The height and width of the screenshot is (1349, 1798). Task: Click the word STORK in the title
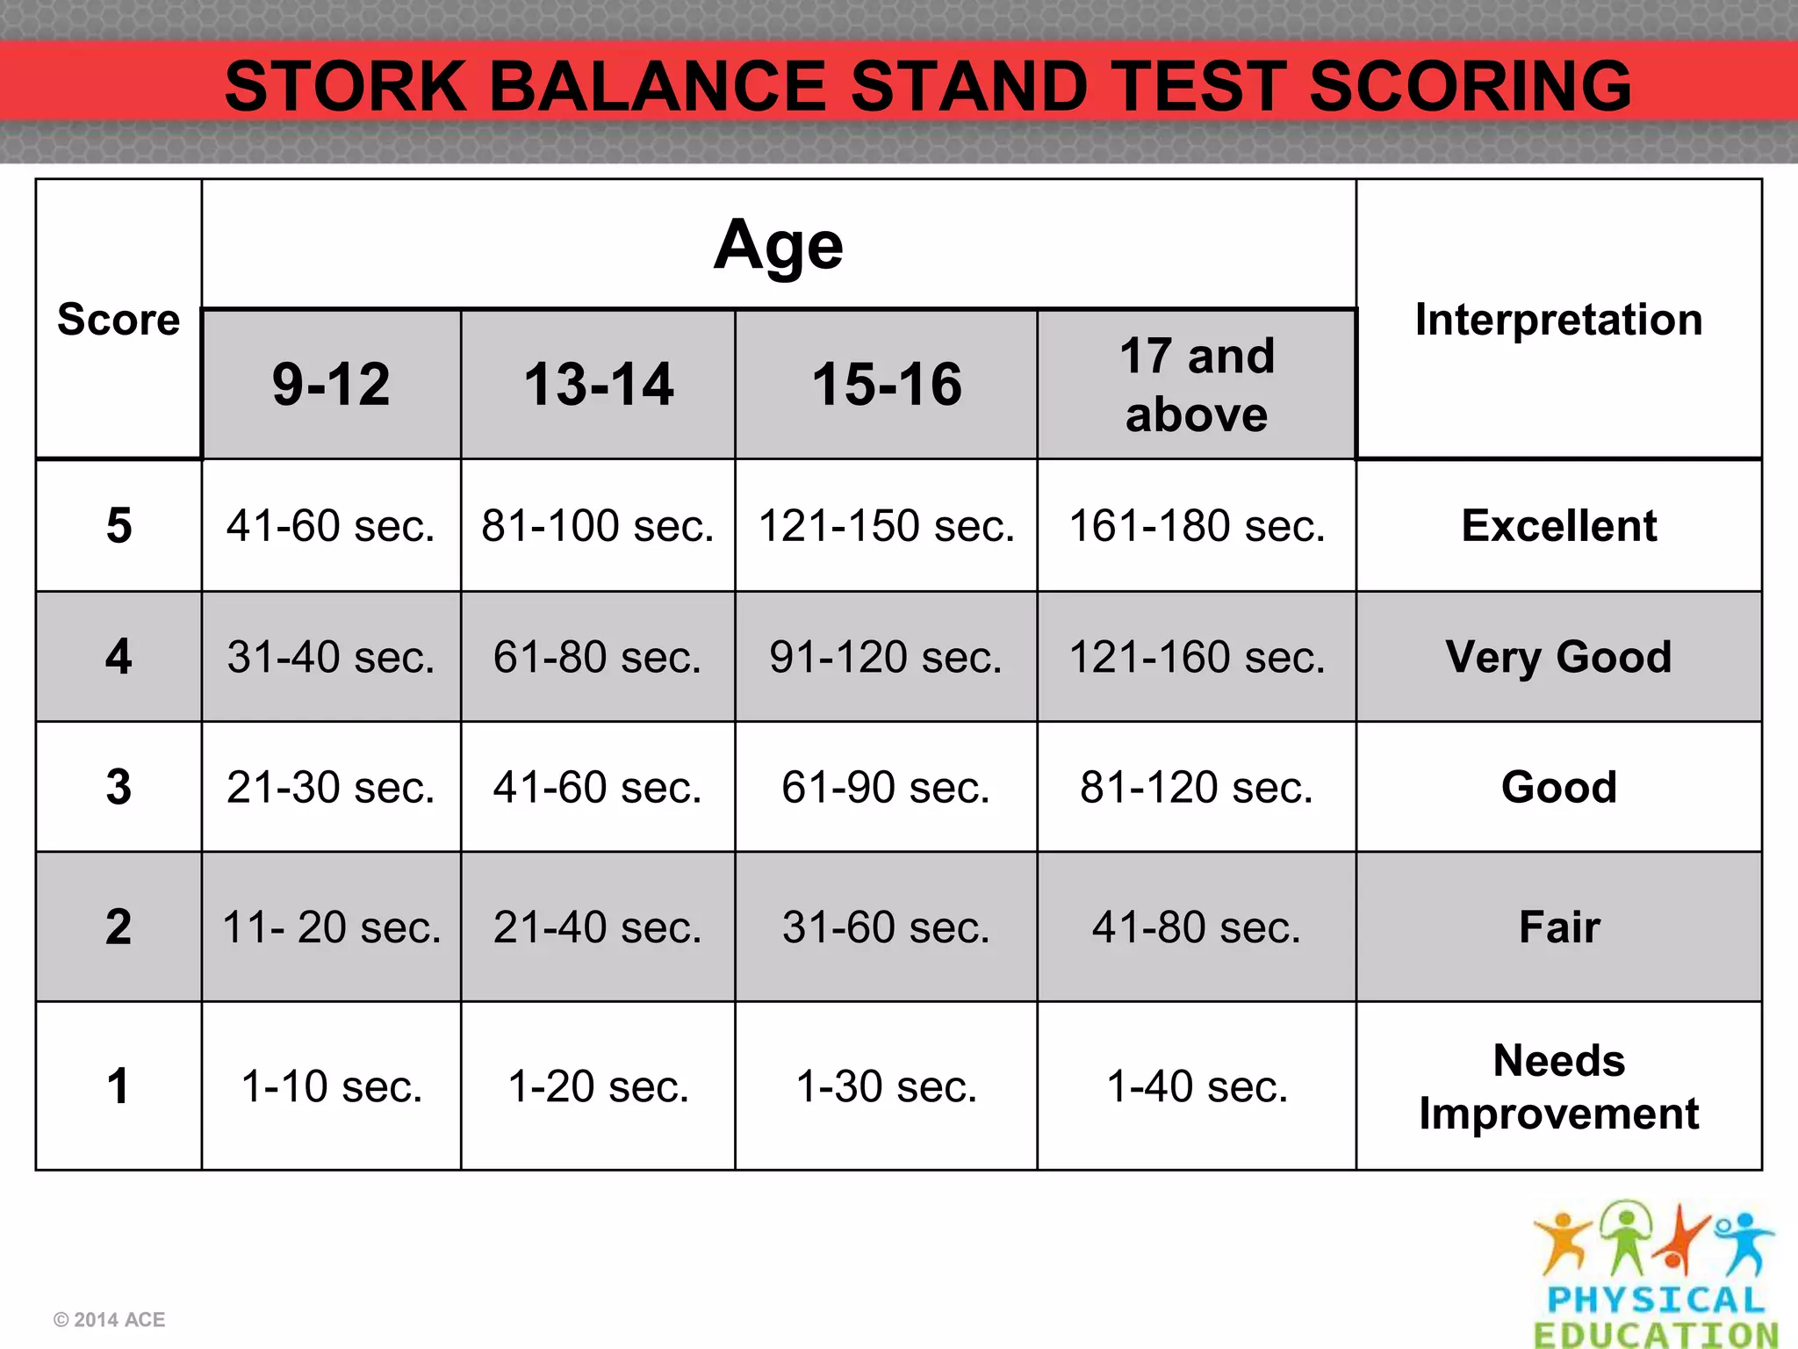[345, 86]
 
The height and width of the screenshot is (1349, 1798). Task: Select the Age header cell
[778, 245]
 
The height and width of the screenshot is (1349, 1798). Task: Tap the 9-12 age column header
[331, 385]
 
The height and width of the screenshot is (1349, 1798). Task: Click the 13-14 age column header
[598, 385]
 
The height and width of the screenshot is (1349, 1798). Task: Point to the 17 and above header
[1196, 385]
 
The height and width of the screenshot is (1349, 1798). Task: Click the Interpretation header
[1558, 320]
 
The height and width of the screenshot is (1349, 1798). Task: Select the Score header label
[119, 320]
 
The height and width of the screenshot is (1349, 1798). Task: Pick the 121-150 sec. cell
[886, 526]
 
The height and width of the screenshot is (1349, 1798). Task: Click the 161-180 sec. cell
[1196, 526]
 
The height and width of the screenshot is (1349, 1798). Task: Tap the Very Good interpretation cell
[1558, 657]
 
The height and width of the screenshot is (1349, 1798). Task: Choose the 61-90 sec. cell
[886, 787]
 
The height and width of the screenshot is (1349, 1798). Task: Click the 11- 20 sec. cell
[331, 927]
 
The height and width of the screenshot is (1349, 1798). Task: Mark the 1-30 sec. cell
[886, 1086]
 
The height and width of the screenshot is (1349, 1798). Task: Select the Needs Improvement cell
[1558, 1086]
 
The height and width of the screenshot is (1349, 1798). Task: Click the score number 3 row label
[119, 787]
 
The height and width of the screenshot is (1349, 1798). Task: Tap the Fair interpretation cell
[1558, 927]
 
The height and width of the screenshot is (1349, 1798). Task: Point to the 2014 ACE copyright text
[109, 1320]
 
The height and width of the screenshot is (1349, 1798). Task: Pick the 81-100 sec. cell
[598, 526]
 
